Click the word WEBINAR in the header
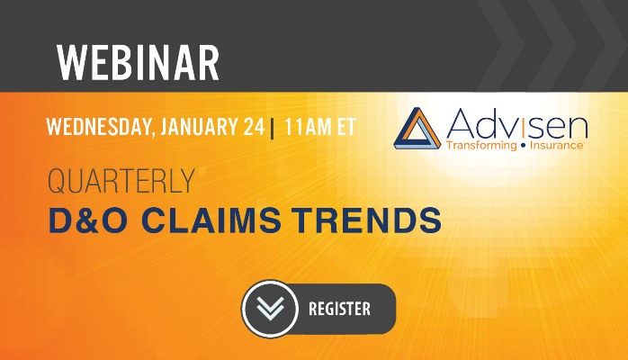(139, 62)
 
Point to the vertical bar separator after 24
(273, 129)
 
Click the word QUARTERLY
(121, 181)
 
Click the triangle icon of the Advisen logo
(417, 128)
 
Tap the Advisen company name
(516, 123)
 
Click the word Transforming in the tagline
(481, 146)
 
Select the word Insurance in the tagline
(556, 145)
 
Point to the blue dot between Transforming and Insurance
(523, 146)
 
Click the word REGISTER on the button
(339, 309)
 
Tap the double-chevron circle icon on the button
(270, 309)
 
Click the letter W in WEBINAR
(71, 62)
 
